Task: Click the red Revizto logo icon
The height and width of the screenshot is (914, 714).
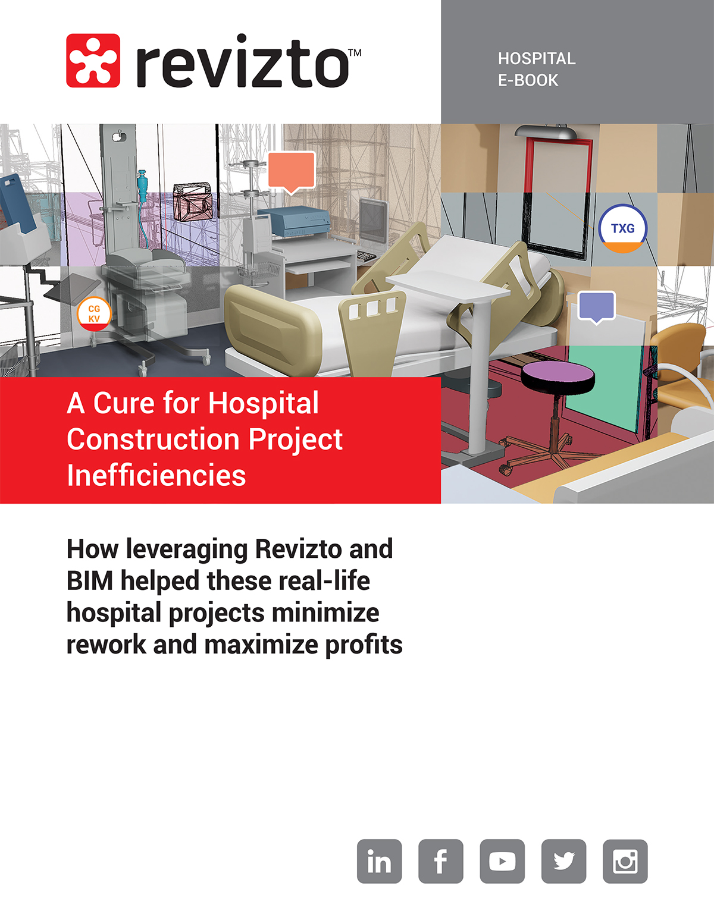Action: click(x=93, y=61)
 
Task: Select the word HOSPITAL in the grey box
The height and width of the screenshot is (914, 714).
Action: click(x=537, y=59)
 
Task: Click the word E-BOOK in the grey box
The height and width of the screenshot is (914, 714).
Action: click(x=528, y=80)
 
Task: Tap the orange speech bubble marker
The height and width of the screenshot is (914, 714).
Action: click(x=291, y=170)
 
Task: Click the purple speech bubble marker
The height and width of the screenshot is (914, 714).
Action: click(x=597, y=306)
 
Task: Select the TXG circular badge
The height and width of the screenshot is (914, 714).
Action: click(x=622, y=229)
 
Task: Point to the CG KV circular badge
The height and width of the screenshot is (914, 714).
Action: click(x=94, y=313)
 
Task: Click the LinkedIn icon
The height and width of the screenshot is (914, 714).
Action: click(x=380, y=861)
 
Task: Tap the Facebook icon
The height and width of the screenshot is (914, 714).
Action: click(x=441, y=861)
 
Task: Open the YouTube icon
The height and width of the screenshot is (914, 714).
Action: click(x=502, y=861)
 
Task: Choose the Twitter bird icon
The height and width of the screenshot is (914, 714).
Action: click(x=563, y=861)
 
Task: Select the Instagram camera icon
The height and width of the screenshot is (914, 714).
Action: click(x=625, y=861)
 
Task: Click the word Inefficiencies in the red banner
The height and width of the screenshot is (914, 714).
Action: click(x=156, y=476)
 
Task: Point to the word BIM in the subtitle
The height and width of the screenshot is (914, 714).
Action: click(x=90, y=581)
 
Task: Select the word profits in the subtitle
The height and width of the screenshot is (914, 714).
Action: click(x=364, y=645)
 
